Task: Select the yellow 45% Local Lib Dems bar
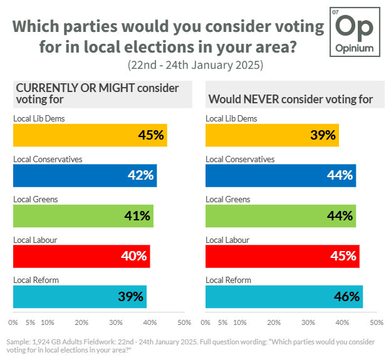[90, 135]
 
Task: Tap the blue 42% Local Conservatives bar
[85, 175]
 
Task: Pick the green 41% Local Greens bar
[83, 216]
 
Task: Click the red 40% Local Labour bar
[81, 256]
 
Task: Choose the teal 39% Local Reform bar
[80, 296]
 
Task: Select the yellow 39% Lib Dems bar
[272, 135]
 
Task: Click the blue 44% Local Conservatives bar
[281, 175]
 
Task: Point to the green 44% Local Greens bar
[281, 216]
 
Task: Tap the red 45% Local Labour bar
[283, 256]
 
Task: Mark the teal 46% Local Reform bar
[284, 296]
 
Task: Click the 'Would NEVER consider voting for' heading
[291, 99]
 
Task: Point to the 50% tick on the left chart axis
[184, 323]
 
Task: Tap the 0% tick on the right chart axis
[206, 323]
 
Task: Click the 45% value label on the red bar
[343, 256]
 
